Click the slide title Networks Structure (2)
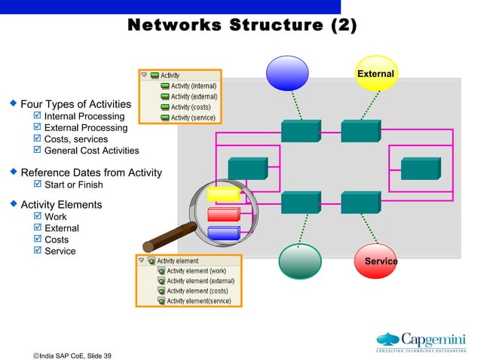click(x=241, y=26)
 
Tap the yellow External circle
click(x=376, y=73)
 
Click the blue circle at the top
click(x=288, y=72)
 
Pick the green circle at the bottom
click(x=300, y=261)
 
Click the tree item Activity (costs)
click(x=189, y=108)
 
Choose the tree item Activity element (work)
click(x=195, y=271)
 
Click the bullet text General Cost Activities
click(x=91, y=151)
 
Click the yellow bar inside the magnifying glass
click(x=223, y=195)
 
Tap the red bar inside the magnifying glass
click(x=223, y=214)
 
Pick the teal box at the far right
click(x=420, y=169)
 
